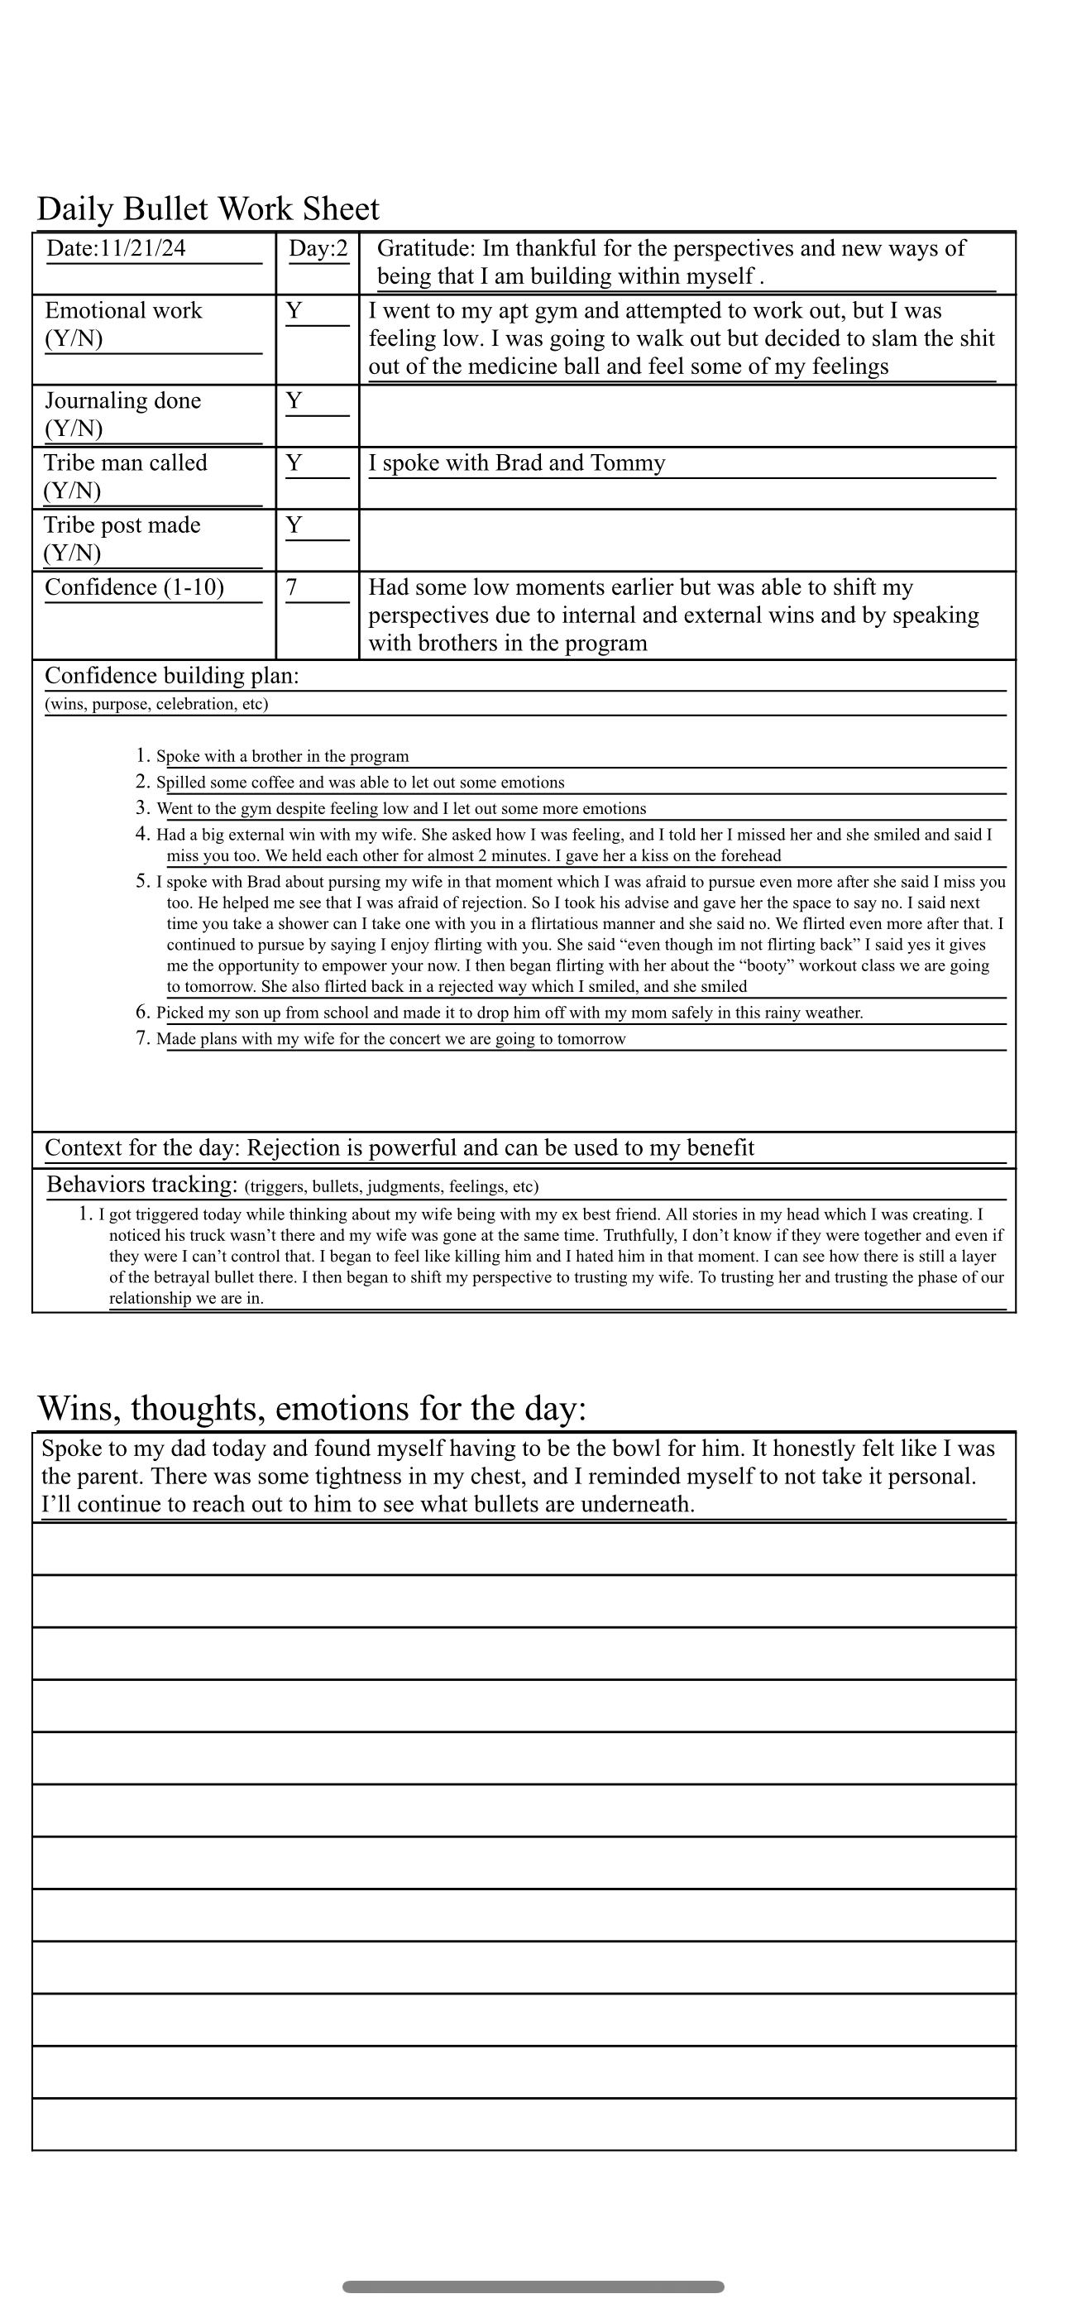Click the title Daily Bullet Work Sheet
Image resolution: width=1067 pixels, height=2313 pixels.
(x=208, y=209)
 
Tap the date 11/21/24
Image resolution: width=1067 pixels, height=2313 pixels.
(x=143, y=249)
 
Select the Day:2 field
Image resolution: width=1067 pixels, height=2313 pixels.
(x=318, y=249)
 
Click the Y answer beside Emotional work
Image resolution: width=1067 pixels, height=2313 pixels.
(x=294, y=312)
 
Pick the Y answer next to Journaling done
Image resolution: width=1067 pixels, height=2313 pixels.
(x=294, y=401)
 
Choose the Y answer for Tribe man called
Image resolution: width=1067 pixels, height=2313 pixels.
(x=294, y=463)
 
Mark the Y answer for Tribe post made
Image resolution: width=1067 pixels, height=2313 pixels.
(x=294, y=525)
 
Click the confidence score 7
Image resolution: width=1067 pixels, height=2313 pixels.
(x=292, y=587)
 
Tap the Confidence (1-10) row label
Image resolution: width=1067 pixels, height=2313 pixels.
(x=135, y=587)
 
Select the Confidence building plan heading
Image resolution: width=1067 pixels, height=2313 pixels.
(x=171, y=676)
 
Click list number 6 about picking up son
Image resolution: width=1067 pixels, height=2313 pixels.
(x=143, y=1012)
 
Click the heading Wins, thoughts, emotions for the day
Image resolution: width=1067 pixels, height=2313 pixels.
(x=312, y=1408)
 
